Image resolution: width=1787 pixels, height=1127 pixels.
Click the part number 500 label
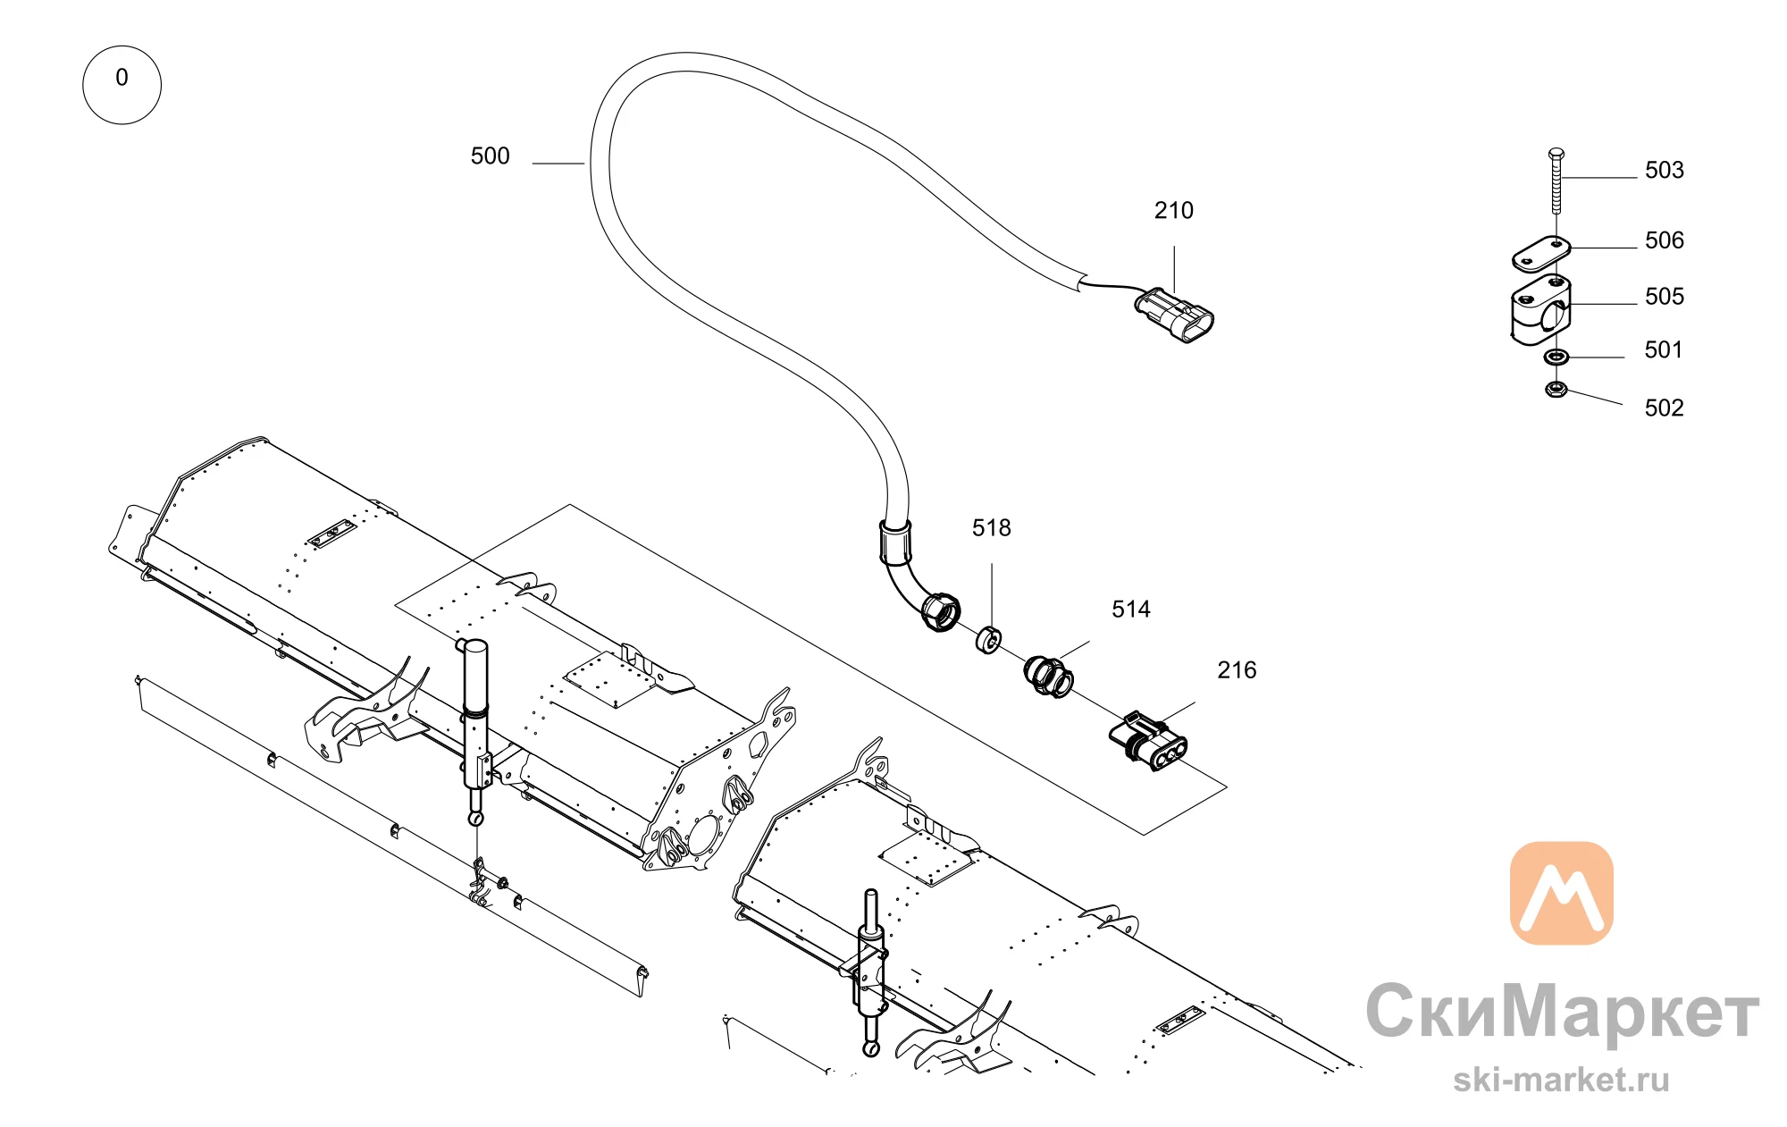coord(490,156)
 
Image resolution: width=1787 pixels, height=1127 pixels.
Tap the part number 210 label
coord(1173,211)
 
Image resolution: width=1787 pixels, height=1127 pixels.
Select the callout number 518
coord(991,528)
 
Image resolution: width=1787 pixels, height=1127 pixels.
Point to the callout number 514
coord(1130,610)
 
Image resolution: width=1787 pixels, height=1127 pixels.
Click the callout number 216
coord(1237,670)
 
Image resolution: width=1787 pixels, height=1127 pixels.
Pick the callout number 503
coord(1664,171)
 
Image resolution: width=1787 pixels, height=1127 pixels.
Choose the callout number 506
coord(1664,240)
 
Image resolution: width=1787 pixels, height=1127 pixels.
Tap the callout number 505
coord(1664,297)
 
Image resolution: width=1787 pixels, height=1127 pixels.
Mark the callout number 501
coord(1663,350)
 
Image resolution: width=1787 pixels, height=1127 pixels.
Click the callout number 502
coord(1664,408)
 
